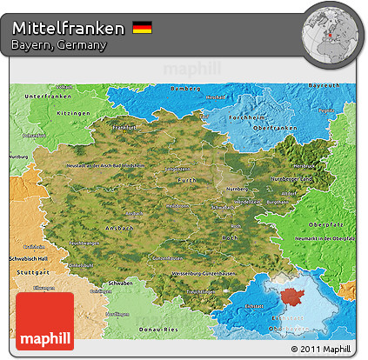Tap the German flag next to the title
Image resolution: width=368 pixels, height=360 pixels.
coord(142,29)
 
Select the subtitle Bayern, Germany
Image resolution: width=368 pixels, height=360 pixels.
coord(59,45)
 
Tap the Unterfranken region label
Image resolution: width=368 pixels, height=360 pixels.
coord(46,96)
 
